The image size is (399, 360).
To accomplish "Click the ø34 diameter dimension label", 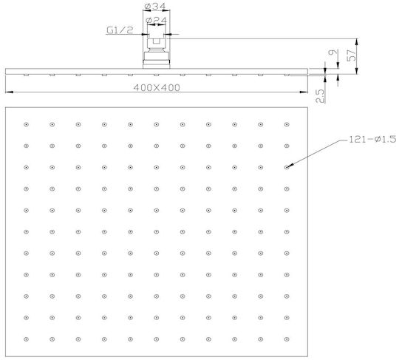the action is click(155, 6).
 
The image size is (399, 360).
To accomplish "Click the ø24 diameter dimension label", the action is click(157, 20).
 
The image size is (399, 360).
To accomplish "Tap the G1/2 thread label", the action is click(120, 30).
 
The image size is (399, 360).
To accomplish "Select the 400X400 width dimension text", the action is click(157, 88).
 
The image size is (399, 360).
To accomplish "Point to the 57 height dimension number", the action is click(352, 55).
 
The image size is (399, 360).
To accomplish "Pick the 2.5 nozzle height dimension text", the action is click(320, 95).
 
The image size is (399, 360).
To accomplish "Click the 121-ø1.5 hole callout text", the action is click(372, 139).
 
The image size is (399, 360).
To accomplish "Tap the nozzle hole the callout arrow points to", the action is click(287, 167).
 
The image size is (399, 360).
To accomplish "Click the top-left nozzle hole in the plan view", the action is click(26, 124).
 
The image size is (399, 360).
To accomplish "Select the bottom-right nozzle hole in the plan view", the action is click(287, 339).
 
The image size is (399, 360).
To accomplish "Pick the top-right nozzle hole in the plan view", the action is click(287, 124).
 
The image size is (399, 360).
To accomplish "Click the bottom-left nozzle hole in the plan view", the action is click(26, 339).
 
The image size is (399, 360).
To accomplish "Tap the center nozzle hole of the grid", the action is click(157, 232).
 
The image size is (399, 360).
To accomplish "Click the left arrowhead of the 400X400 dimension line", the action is click(9, 92).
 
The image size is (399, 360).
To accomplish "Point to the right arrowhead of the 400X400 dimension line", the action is click(304, 92).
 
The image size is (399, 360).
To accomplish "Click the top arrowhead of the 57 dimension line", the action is click(357, 42).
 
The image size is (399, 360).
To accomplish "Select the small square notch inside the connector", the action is click(157, 41).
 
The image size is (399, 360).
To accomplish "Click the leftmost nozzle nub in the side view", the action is click(26, 75).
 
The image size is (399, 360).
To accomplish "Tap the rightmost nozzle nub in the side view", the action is click(287, 75).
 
